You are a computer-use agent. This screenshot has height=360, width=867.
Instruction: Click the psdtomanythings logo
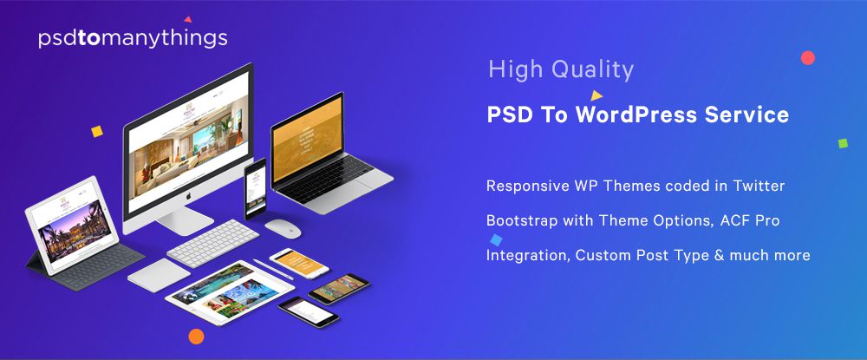click(x=133, y=38)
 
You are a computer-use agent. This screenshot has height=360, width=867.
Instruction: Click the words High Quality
click(x=561, y=69)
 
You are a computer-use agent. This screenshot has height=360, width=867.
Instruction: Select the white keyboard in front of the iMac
click(x=207, y=243)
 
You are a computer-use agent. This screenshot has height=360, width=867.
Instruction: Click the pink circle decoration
click(x=808, y=58)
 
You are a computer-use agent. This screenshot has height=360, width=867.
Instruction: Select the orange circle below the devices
click(x=196, y=337)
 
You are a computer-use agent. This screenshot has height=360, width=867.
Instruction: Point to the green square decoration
click(x=843, y=143)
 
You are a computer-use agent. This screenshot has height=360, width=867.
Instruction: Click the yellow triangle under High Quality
click(x=596, y=95)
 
